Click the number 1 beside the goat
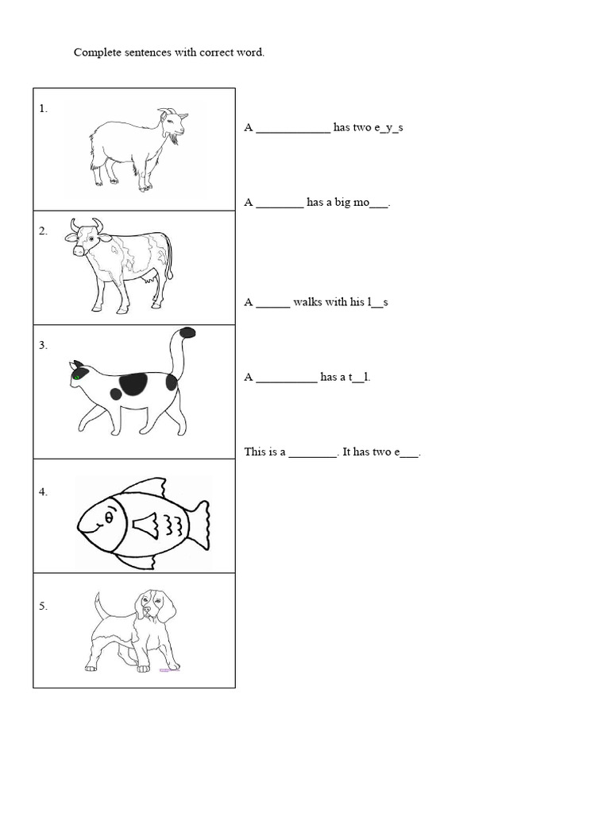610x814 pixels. pyautogui.click(x=43, y=110)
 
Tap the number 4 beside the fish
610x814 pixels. pyautogui.click(x=43, y=492)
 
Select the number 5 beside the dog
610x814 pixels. pyautogui.click(x=43, y=607)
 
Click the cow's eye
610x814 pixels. pyautogui.click(x=90, y=238)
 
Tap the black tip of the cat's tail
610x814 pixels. pyautogui.click(x=187, y=332)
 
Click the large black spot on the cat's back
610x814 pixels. pyautogui.click(x=133, y=384)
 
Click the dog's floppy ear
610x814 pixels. pyautogui.click(x=166, y=608)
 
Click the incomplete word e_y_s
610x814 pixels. pyautogui.click(x=388, y=127)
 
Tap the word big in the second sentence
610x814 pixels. pyautogui.click(x=342, y=203)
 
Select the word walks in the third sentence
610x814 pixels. pyautogui.click(x=307, y=302)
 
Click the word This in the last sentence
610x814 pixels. pyautogui.click(x=255, y=452)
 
